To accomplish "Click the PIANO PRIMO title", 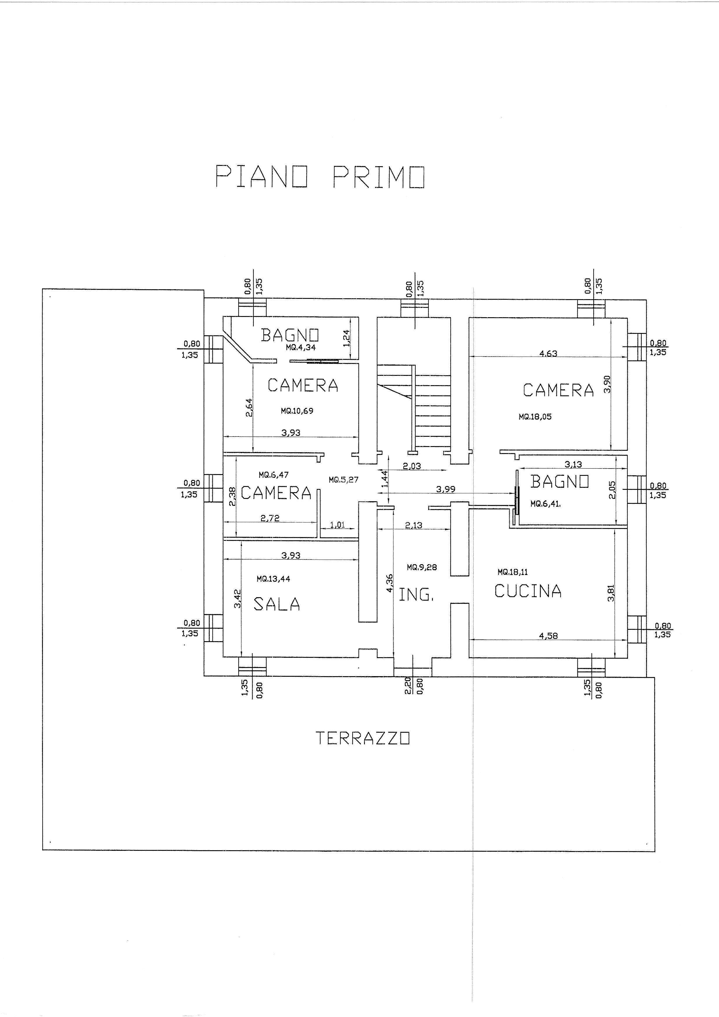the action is point(320,177).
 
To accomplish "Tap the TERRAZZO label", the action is point(362,737).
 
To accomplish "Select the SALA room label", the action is point(277,604).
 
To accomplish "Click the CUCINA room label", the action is point(528,591).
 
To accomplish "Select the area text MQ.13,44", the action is point(273,578).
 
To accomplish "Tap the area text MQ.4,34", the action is point(301,348).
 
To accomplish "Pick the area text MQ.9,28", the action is point(422,567).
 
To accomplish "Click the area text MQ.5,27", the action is point(343,479).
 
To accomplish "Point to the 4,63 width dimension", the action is point(548,353).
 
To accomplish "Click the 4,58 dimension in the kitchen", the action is point(548,636).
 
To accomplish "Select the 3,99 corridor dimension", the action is point(446,490).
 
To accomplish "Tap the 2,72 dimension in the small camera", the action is point(270,518).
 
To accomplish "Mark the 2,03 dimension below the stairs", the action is point(412,466).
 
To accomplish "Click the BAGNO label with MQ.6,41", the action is point(560,481).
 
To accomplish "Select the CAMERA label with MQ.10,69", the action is point(303,385).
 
